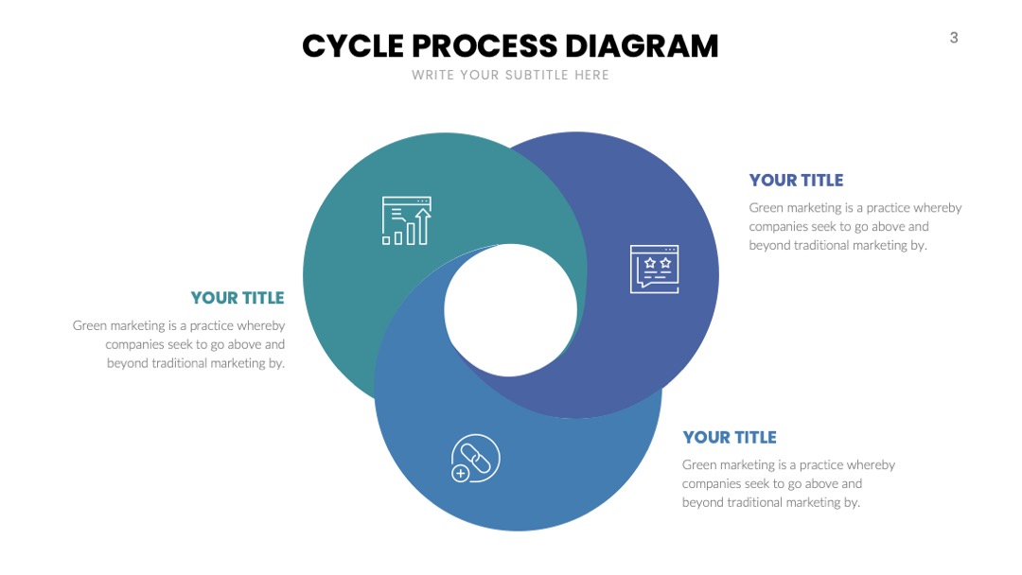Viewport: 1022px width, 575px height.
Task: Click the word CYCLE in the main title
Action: (353, 46)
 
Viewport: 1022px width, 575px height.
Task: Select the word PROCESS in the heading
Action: (485, 46)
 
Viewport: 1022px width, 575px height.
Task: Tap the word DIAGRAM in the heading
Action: (642, 46)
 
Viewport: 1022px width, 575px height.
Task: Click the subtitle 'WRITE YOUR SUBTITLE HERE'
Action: (510, 75)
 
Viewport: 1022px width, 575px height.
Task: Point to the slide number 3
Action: (954, 38)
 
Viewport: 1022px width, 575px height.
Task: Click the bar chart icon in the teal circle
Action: (407, 220)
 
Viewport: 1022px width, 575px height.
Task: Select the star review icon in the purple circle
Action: (655, 269)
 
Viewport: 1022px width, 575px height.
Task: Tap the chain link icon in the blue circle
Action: (476, 459)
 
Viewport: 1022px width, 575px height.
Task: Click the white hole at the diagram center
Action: (510, 310)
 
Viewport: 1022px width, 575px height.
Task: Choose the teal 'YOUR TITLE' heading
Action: (238, 298)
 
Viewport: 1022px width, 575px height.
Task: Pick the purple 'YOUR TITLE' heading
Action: (796, 180)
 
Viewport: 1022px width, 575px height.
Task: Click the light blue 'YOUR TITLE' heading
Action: (730, 437)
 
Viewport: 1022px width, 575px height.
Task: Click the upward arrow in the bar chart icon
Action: (423, 226)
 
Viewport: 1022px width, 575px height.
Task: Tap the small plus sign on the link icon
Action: (460, 474)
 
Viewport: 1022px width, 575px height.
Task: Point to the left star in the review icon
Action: (650, 263)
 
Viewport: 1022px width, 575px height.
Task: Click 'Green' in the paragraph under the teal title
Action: (89, 325)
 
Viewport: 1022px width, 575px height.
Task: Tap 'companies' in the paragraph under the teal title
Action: (133, 344)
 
